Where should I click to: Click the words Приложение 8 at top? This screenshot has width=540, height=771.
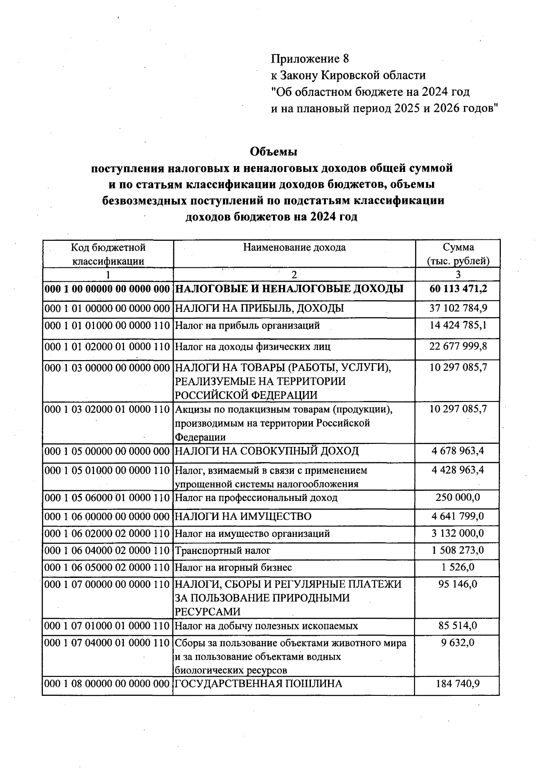click(310, 59)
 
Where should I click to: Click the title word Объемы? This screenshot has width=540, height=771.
click(273, 152)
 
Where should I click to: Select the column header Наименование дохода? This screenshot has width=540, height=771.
click(294, 247)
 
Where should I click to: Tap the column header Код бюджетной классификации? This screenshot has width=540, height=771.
click(108, 254)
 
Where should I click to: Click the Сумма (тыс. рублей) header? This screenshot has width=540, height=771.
click(458, 254)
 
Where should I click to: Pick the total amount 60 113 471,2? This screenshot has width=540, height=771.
click(458, 289)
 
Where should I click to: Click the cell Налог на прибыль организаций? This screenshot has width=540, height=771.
click(247, 325)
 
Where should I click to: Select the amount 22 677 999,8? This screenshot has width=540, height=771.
click(458, 347)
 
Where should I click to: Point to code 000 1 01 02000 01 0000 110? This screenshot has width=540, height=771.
click(108, 347)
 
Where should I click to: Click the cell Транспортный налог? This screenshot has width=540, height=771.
click(223, 550)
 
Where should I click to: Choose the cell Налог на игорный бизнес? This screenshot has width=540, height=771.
click(233, 568)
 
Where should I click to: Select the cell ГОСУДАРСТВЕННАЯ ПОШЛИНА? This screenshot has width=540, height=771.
click(258, 684)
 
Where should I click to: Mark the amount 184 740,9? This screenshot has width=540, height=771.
click(458, 684)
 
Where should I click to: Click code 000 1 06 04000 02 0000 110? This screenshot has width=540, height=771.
click(108, 550)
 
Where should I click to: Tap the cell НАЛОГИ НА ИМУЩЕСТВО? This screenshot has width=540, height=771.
click(243, 516)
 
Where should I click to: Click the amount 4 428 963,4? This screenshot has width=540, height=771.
click(458, 470)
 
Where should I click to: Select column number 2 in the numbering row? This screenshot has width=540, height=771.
click(294, 274)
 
